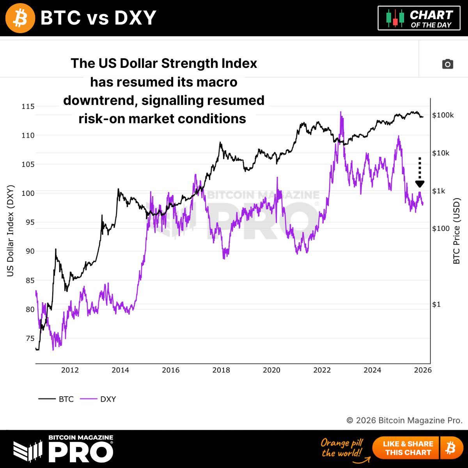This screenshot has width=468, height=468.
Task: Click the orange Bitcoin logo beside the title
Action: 20,18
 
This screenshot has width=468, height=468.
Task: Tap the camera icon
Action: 447,64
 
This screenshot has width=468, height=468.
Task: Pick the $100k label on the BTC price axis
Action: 443,115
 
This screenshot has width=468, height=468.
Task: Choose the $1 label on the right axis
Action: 436,304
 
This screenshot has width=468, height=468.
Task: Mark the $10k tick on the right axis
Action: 441,153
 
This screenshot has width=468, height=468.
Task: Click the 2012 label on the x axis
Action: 70,370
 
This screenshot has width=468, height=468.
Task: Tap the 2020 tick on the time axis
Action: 271,370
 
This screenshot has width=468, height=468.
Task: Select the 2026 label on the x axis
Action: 423,370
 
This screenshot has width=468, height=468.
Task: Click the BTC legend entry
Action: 57,399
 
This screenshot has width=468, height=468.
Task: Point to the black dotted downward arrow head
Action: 420,184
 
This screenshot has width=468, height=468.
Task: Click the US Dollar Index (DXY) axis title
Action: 11,231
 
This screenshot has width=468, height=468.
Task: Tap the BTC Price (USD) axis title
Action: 457,231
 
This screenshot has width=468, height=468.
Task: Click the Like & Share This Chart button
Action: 408,448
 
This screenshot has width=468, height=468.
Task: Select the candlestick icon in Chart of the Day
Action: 395,18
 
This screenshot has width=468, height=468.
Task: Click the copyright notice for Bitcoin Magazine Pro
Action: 404,420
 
